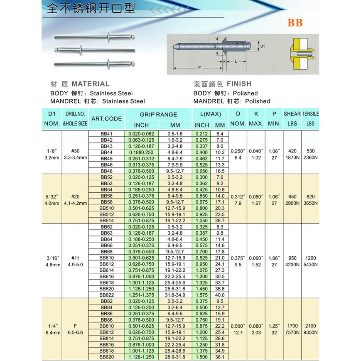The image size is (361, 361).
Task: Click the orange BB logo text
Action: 295,23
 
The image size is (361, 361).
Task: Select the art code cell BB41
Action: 106,134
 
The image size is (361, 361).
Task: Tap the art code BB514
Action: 106,221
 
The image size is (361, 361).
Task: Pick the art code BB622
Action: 106,295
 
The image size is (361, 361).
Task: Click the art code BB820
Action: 106,356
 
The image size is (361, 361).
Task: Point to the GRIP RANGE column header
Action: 158,114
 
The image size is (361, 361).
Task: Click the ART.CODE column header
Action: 106,118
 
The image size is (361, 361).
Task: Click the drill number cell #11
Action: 75,258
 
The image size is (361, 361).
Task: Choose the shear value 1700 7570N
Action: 292,329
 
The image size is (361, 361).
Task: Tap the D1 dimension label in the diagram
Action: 262,46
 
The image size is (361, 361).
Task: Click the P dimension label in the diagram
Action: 199,67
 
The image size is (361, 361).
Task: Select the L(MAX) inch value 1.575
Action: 201,295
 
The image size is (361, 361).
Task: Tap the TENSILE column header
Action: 310,114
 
